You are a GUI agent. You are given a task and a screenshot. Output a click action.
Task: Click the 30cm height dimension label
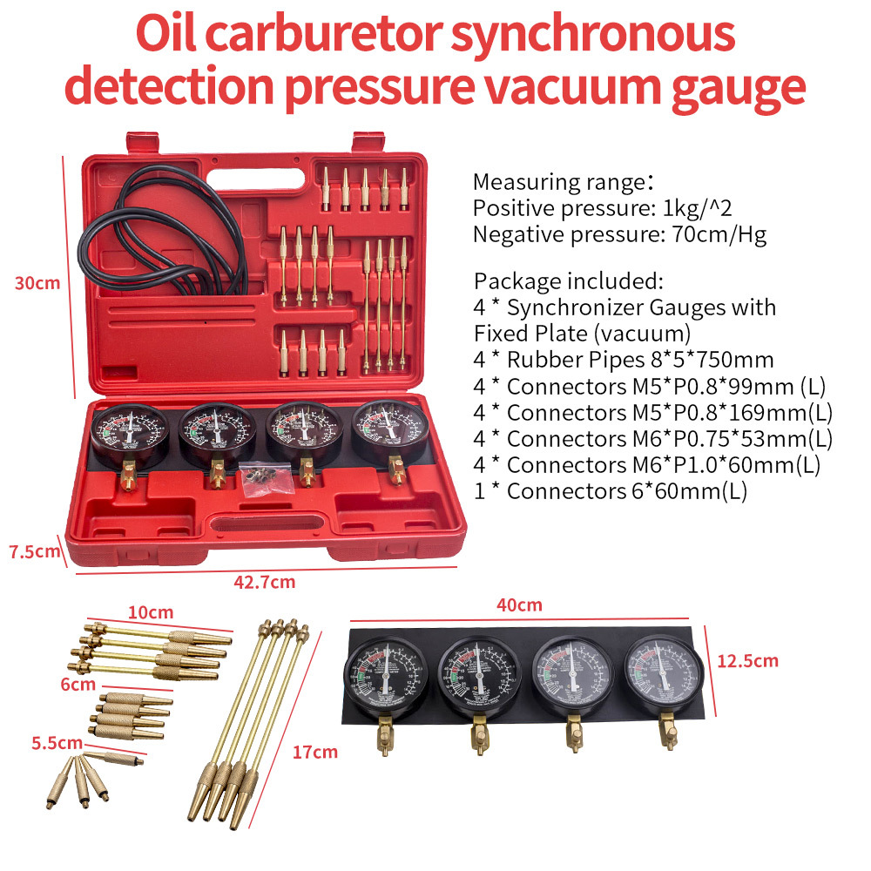pos(37,283)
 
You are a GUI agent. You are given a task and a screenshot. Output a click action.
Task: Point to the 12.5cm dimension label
pos(746,660)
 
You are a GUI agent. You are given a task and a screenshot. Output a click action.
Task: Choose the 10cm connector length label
pos(151,612)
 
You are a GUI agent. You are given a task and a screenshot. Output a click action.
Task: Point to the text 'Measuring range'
pos(556,183)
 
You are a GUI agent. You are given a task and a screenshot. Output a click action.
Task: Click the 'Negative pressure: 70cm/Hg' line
pos(619,235)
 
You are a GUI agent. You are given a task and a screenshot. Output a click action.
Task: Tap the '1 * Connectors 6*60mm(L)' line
pos(610,491)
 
